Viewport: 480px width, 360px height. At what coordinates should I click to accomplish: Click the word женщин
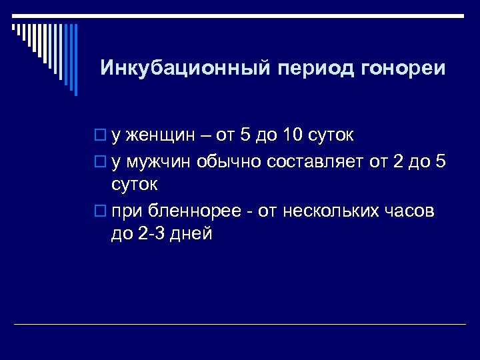[x=159, y=136]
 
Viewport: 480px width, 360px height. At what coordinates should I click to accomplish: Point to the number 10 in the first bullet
[x=291, y=136]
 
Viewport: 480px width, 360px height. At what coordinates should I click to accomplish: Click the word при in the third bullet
[x=125, y=213]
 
